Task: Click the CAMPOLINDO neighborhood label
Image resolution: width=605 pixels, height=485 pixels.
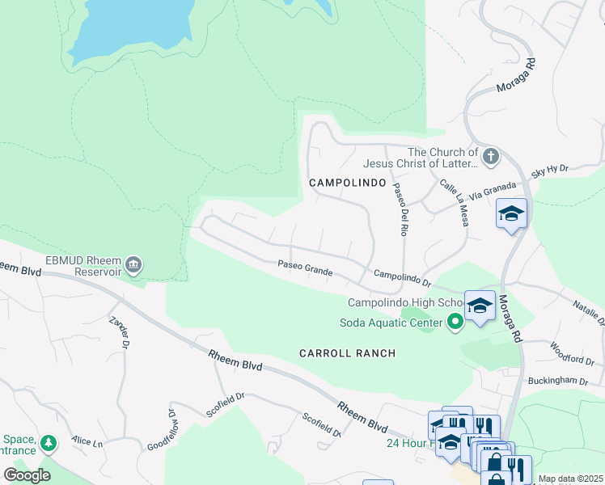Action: tap(348, 183)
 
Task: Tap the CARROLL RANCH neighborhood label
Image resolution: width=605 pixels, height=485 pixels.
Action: tap(347, 353)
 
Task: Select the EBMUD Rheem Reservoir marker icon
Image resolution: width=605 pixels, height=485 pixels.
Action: tap(134, 264)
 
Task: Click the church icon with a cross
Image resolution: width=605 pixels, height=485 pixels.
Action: tap(490, 155)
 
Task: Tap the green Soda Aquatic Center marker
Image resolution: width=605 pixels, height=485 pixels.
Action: tap(455, 323)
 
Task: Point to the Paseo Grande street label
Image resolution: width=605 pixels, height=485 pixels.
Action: tap(305, 268)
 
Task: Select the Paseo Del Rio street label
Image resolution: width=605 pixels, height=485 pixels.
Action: tap(400, 209)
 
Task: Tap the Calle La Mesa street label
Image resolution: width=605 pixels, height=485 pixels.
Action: tap(455, 202)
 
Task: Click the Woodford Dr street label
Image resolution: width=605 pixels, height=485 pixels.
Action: tap(572, 354)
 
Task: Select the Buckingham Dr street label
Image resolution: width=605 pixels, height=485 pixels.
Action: tap(557, 379)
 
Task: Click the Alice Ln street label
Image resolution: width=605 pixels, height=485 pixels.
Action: tap(87, 442)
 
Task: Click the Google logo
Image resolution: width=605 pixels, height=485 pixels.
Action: tap(27, 474)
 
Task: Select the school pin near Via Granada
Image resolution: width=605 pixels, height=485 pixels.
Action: tap(511, 214)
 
